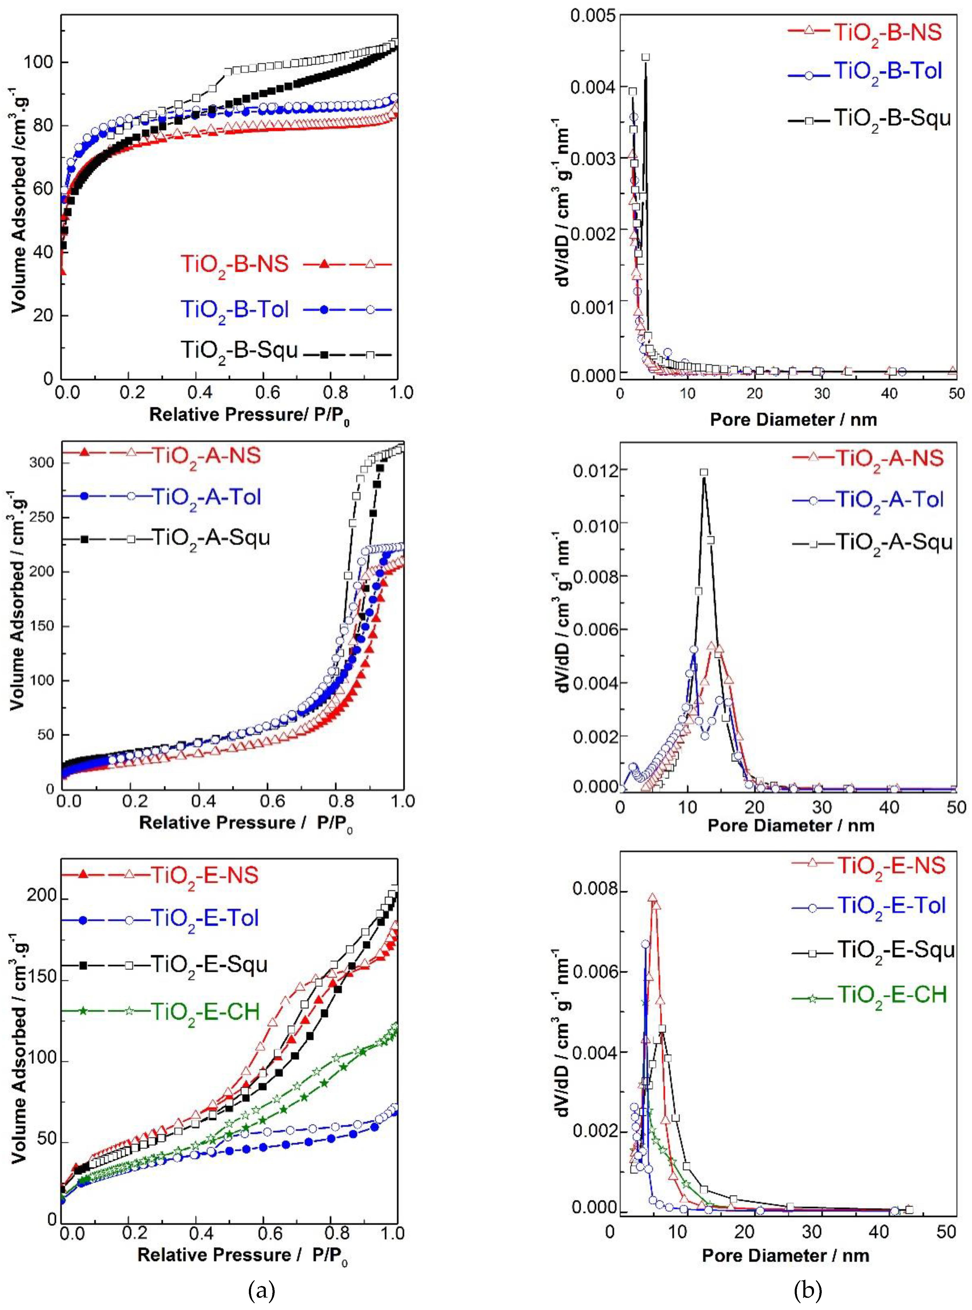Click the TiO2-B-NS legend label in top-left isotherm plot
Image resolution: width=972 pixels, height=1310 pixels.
(x=234, y=264)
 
